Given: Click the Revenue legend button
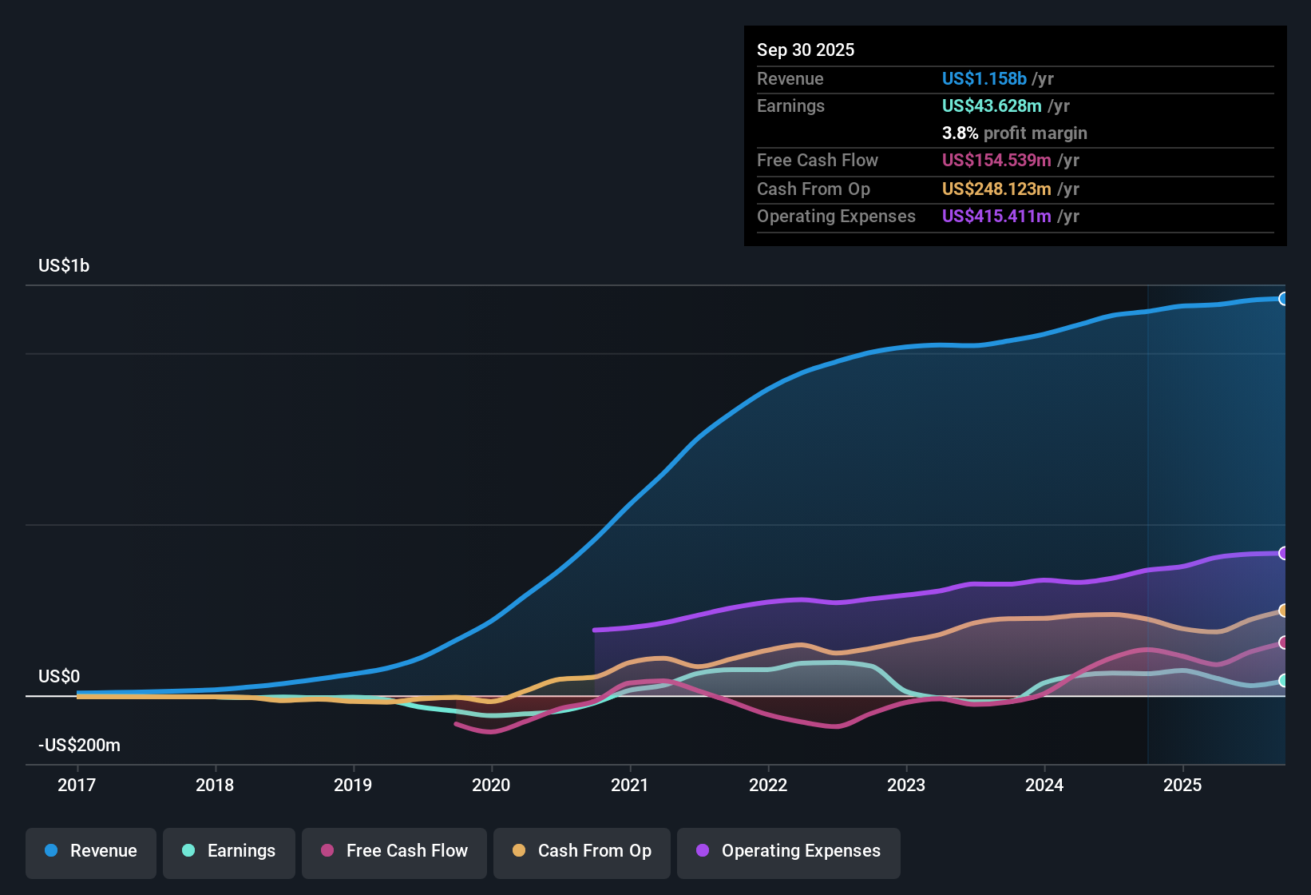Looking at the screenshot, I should coord(91,851).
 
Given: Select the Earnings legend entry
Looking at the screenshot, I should coord(229,851).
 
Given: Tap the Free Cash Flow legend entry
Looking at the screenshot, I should coord(394,851).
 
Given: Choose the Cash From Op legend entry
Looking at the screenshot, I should coord(582,851).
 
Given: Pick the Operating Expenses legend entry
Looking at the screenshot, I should coord(788,851).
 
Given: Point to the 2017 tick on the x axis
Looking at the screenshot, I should coord(77,785).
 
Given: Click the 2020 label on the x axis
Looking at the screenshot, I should coord(491,785).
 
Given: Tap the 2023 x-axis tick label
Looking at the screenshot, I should coord(906,785).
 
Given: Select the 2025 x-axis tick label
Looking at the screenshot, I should coord(1182,785).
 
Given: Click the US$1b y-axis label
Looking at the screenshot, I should coord(64,266).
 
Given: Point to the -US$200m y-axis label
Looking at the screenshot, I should coord(79,746).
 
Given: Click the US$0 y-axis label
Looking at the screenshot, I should coord(59,677).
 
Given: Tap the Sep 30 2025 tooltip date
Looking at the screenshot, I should coord(806,50).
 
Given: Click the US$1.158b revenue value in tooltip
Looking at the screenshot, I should coord(984,78).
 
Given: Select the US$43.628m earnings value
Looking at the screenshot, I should coord(992,106).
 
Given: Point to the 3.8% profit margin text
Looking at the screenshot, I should coord(1014,133).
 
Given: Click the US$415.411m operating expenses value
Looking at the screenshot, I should coord(996,217).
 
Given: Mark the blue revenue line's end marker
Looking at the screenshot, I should coord(1283,299).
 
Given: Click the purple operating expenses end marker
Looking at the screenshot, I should coord(1283,553).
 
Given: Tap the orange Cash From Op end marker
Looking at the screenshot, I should coord(1283,611).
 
